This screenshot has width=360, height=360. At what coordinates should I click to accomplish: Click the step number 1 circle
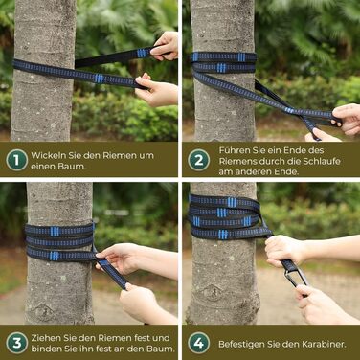point(16,160)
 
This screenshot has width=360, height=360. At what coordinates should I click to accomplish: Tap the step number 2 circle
point(198,160)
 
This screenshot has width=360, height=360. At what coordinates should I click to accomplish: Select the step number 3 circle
point(16,343)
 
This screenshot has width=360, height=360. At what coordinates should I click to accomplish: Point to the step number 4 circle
point(198,343)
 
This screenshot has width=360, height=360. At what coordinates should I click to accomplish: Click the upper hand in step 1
point(165,46)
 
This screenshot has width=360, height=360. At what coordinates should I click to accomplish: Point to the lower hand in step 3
point(146,304)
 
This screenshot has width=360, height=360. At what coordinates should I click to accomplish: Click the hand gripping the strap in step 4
point(284,251)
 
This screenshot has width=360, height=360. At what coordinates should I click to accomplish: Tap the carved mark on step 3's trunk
point(44,310)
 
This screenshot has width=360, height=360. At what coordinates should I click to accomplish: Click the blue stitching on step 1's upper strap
point(142,53)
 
